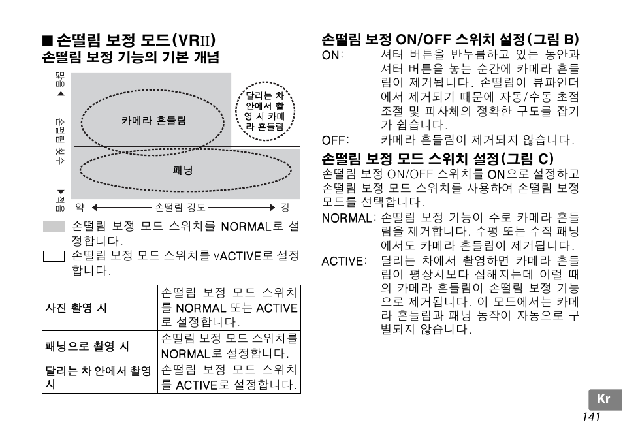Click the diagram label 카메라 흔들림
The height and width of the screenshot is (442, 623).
click(154, 121)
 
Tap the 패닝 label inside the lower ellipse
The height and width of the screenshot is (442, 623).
click(183, 171)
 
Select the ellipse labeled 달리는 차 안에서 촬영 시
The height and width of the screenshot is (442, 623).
click(264, 109)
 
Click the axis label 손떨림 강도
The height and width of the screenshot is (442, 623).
click(180, 208)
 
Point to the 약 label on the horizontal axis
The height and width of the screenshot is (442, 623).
click(80, 208)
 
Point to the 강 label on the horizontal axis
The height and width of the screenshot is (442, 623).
click(285, 208)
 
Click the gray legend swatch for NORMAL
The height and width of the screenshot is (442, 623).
click(54, 227)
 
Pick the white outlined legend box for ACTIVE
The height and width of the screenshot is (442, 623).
click(54, 255)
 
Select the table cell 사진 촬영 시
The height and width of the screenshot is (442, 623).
click(76, 308)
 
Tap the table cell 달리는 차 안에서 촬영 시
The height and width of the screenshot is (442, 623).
click(98, 377)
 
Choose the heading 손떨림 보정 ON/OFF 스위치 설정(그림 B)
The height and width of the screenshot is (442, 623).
click(451, 39)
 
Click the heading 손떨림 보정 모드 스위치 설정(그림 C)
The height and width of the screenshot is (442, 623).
click(437, 159)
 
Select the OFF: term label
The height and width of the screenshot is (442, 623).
click(335, 140)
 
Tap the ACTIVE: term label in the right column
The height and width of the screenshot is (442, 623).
click(342, 261)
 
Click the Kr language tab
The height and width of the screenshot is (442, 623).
click(604, 400)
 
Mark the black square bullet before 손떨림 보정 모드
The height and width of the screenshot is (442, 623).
click(48, 39)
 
